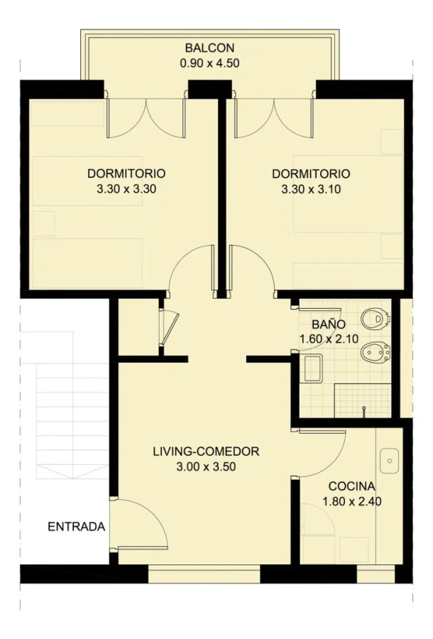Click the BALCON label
click(x=209, y=48)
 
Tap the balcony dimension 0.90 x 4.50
click(x=209, y=64)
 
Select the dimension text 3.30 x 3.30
click(x=126, y=189)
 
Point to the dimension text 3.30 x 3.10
click(x=311, y=190)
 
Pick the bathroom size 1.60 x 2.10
click(x=329, y=339)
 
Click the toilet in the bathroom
click(x=376, y=319)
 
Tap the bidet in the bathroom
click(x=376, y=352)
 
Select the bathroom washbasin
click(x=312, y=368)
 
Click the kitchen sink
click(x=390, y=461)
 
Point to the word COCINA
click(x=351, y=486)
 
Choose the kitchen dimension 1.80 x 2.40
click(x=351, y=501)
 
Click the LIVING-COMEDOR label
click(x=206, y=452)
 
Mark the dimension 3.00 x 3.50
click(x=206, y=466)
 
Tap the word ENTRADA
click(x=77, y=527)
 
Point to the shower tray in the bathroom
click(x=363, y=400)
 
